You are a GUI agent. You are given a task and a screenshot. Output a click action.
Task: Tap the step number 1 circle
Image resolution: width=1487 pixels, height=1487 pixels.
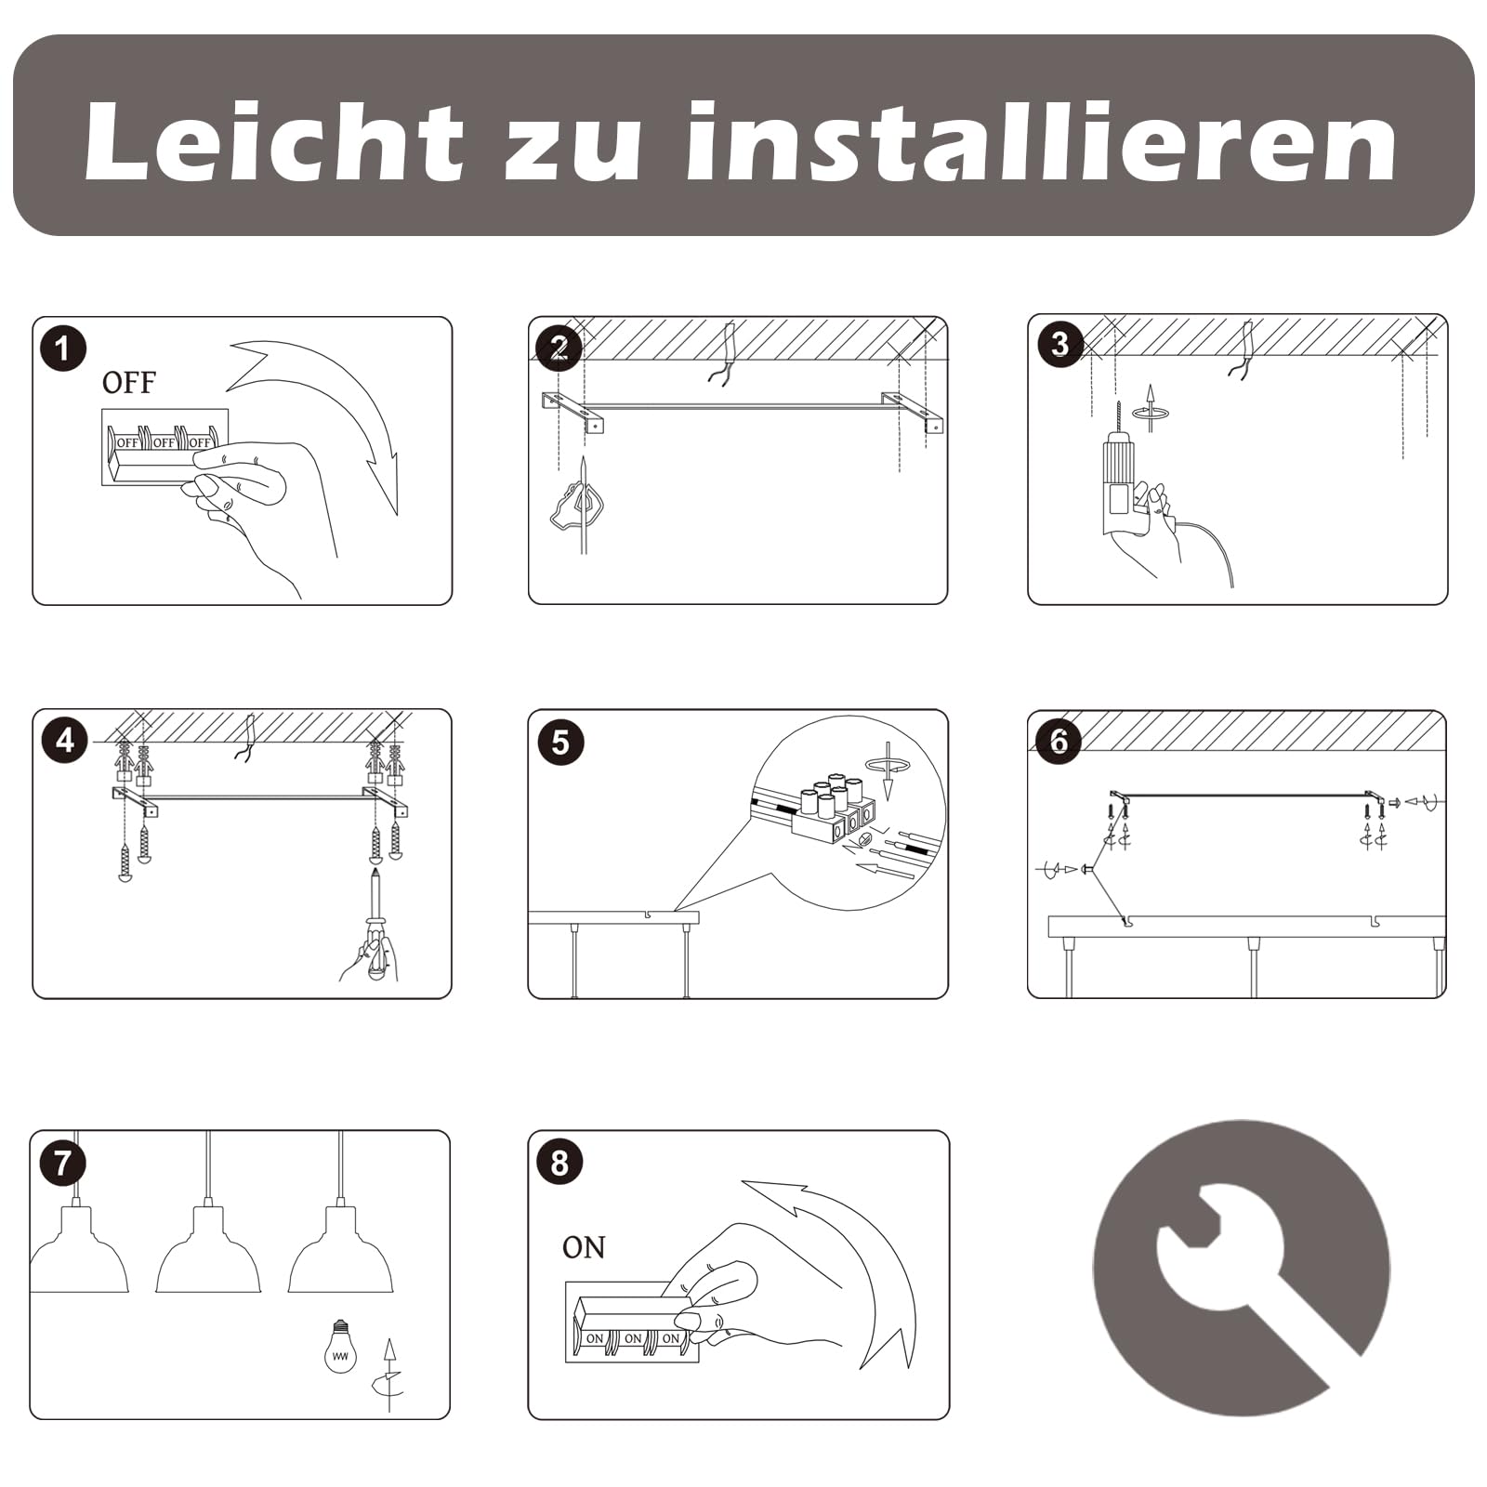point(63,349)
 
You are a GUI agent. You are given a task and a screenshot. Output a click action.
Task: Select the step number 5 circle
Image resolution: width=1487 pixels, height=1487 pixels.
point(560,743)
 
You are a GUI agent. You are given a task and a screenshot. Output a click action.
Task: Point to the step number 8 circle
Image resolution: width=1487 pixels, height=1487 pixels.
point(559,1163)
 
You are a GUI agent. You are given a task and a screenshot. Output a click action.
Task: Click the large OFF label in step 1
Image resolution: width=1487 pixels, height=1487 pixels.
point(128,383)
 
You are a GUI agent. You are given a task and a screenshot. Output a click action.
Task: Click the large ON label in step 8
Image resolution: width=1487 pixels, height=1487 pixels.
point(584,1247)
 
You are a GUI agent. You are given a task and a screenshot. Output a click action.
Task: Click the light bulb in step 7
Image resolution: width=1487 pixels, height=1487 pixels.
point(340,1346)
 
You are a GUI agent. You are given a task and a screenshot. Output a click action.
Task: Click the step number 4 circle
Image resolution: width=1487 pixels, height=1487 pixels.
point(64,741)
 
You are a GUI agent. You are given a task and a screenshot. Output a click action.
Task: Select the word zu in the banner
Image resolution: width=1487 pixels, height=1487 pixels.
point(572,151)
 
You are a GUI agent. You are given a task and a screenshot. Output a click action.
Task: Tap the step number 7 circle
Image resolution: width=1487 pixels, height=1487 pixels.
point(63,1163)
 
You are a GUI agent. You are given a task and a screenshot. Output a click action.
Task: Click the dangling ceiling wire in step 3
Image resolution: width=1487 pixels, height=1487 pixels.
point(1243,351)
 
